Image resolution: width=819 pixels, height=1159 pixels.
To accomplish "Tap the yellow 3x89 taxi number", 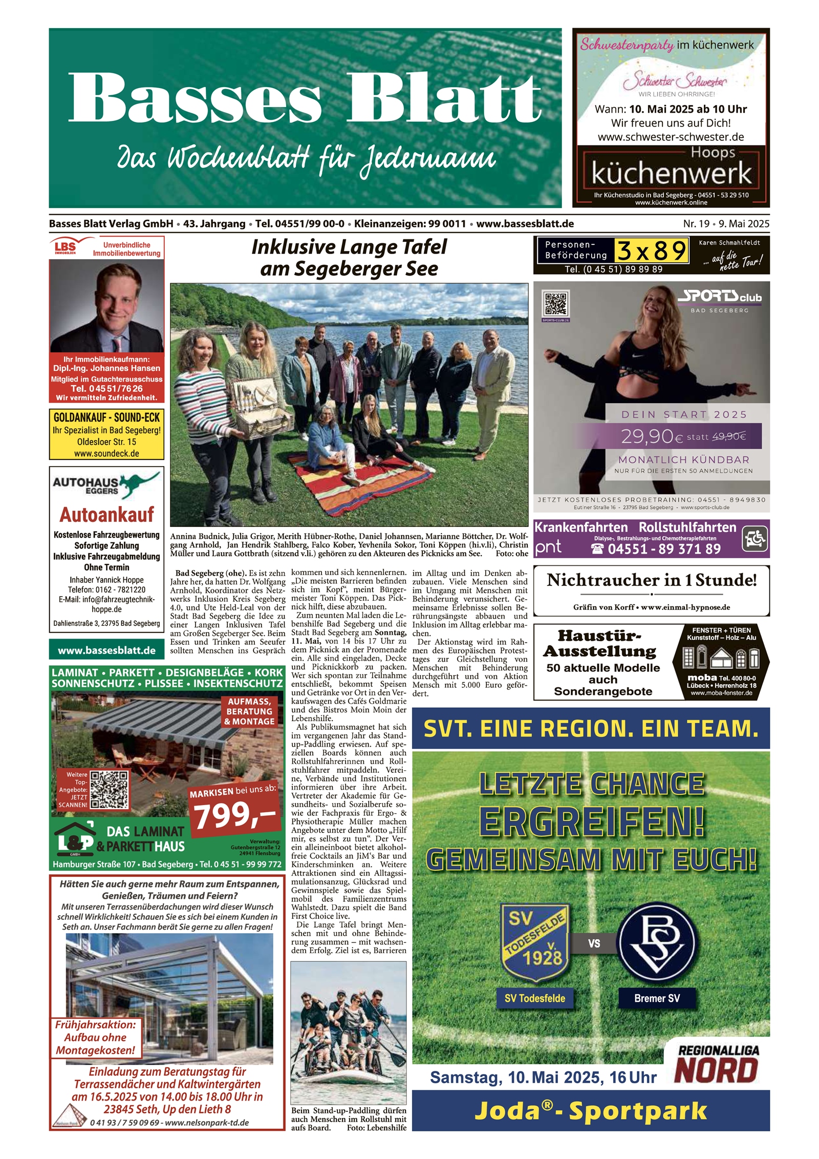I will point(651,251).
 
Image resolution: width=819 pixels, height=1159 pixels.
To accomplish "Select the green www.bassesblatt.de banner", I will point(106,650).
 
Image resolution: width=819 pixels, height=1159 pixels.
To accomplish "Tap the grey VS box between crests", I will point(594,943).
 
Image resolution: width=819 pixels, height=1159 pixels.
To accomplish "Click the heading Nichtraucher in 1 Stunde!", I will point(651,580).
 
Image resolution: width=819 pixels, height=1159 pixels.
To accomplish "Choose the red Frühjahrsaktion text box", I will point(96,1038).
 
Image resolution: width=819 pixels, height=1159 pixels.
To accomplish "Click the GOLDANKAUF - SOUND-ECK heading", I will point(106,417).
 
